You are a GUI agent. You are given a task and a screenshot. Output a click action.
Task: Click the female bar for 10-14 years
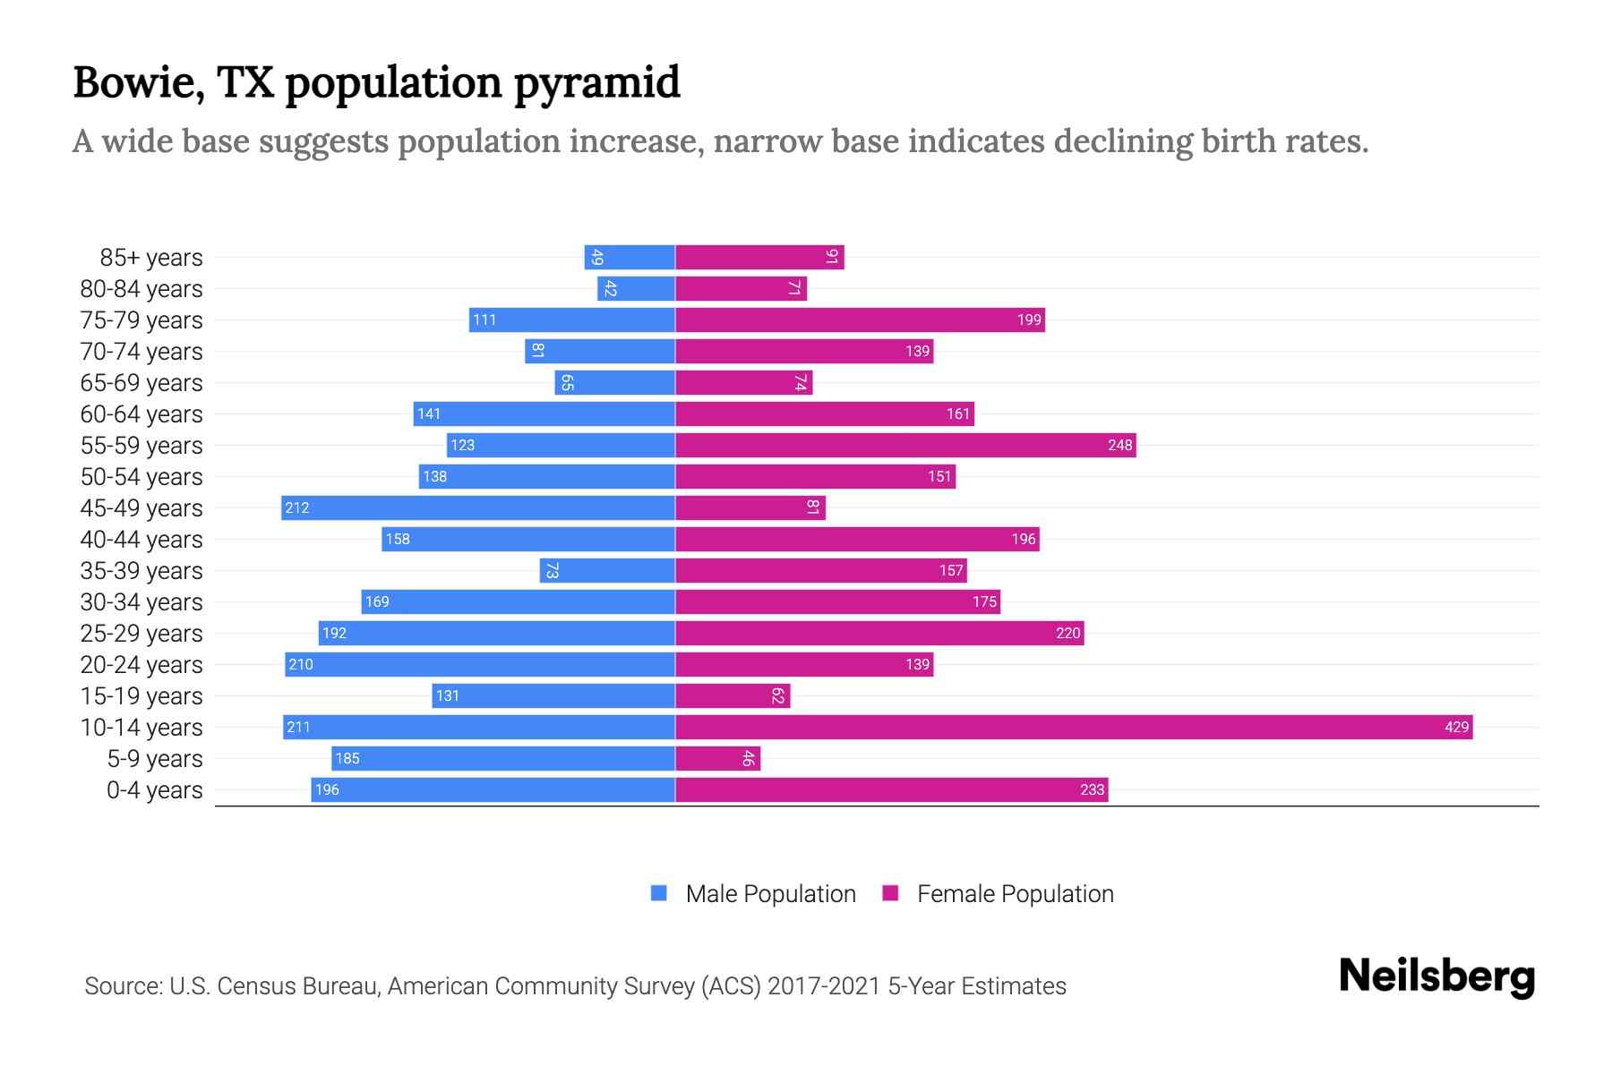click(x=1073, y=727)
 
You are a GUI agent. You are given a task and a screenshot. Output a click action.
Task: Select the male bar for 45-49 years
click(x=477, y=507)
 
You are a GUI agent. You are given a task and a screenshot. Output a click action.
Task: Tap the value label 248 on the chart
click(x=1119, y=445)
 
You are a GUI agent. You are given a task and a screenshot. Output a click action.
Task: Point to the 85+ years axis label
click(x=151, y=258)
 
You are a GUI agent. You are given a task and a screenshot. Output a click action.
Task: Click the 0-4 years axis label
click(x=154, y=790)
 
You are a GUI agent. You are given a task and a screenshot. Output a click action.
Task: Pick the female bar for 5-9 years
click(x=717, y=758)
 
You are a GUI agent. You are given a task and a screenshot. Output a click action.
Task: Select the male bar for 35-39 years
click(x=607, y=570)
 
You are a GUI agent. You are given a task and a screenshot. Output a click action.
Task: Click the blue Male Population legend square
click(x=659, y=893)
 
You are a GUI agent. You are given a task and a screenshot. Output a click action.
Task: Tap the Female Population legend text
click(x=1015, y=894)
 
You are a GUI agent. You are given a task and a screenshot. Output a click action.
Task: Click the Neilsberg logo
click(x=1436, y=976)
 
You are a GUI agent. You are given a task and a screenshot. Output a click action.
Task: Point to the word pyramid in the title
click(x=596, y=83)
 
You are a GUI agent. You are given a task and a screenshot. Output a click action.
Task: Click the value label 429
click(x=1456, y=727)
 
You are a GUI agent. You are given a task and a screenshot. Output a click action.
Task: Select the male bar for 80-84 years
click(x=636, y=288)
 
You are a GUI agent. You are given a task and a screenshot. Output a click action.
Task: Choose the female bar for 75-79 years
click(x=860, y=320)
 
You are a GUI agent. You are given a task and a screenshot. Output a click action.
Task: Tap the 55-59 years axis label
click(x=141, y=446)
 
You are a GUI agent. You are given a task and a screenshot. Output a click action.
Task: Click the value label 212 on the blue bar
click(x=296, y=507)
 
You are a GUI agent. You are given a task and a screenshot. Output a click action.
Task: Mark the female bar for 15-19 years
click(x=733, y=695)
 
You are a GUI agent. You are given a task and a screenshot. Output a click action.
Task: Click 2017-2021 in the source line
click(x=824, y=986)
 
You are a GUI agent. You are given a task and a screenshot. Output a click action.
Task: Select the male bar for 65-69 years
click(x=614, y=382)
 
